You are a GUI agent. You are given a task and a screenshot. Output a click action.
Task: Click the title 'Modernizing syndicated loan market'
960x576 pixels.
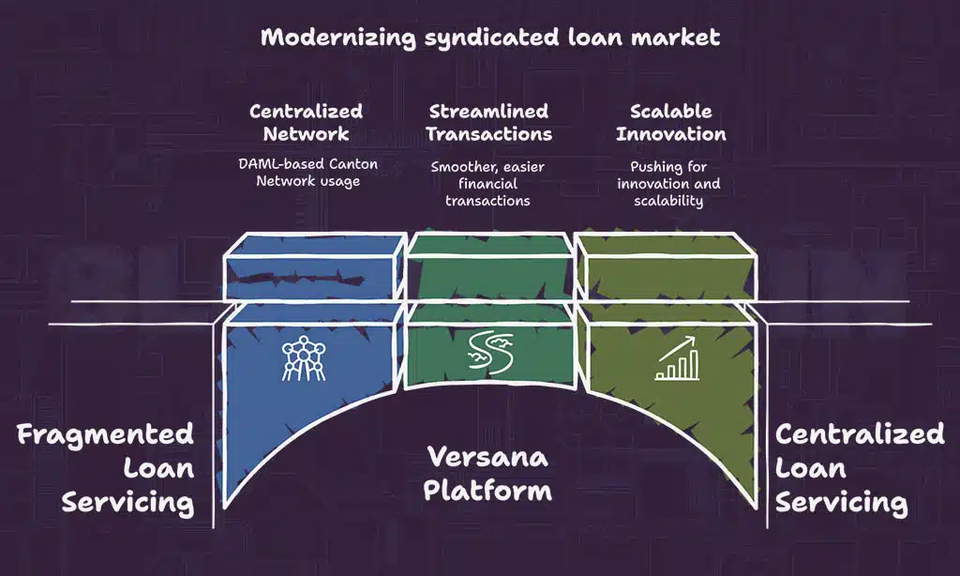(x=490, y=38)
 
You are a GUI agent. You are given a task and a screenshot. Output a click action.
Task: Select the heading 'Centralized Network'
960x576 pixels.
(x=306, y=122)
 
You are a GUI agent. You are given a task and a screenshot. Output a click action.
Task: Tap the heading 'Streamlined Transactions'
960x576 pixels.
(x=488, y=122)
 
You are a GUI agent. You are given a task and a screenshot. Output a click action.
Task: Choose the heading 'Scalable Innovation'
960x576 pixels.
(x=670, y=122)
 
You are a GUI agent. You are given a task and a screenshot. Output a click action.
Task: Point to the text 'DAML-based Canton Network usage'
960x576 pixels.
(x=307, y=173)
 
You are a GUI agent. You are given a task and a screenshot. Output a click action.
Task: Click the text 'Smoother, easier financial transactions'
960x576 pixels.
(x=487, y=183)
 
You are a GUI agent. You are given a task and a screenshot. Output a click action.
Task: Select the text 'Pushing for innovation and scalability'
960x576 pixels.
(x=668, y=184)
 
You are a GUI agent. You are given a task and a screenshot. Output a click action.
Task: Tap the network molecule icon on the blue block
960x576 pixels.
(x=302, y=358)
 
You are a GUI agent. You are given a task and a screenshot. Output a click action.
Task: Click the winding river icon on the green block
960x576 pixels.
(x=488, y=357)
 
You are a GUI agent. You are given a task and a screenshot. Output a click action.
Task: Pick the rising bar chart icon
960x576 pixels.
(x=676, y=359)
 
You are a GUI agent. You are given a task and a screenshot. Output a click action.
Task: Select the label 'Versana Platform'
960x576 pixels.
(x=487, y=474)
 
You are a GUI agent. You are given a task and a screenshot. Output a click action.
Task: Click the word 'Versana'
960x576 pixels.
(x=487, y=457)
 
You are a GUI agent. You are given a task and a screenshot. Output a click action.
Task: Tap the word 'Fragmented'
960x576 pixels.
(x=105, y=435)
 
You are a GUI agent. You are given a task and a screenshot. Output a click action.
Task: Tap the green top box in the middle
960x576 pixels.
(x=488, y=266)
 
